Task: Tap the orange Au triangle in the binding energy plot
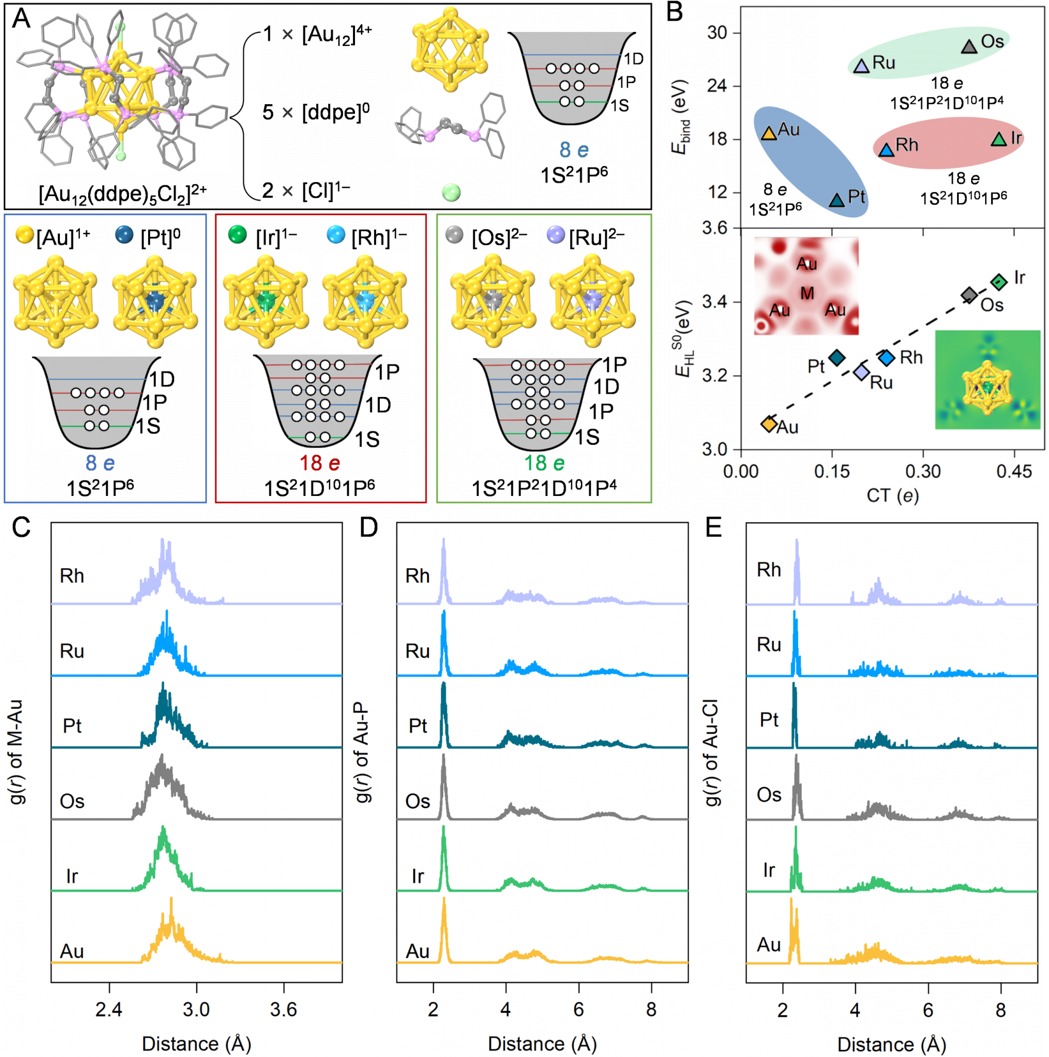(768, 133)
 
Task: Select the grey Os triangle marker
(969, 46)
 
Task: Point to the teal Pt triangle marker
(837, 200)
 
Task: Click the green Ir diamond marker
(999, 282)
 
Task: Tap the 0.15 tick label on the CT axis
(831, 471)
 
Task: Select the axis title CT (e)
(893, 495)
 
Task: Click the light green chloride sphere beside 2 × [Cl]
(451, 193)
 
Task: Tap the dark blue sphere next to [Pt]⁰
(125, 235)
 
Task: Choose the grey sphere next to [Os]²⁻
(455, 235)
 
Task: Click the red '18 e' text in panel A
(319, 463)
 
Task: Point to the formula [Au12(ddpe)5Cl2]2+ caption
(123, 193)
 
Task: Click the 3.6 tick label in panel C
(283, 1010)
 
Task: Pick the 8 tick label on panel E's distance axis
(1000, 1010)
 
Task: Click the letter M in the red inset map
(807, 294)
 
